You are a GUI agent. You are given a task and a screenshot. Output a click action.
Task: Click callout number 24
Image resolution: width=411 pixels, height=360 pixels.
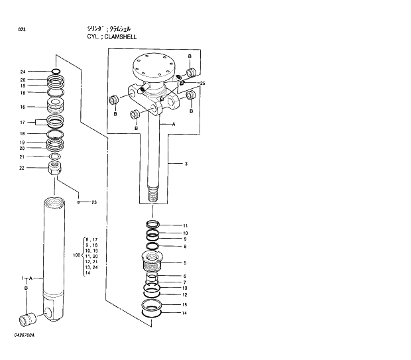(23, 72)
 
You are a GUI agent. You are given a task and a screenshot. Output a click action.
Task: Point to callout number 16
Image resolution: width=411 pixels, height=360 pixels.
(23, 107)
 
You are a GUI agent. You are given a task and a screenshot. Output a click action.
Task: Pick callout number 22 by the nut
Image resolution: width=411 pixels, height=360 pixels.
(23, 168)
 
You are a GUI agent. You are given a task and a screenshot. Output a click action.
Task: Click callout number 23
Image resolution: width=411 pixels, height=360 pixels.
(93, 202)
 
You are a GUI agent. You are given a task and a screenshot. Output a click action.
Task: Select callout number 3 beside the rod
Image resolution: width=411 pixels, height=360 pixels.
(186, 163)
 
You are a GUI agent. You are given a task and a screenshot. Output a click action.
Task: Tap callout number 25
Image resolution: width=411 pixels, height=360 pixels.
(202, 84)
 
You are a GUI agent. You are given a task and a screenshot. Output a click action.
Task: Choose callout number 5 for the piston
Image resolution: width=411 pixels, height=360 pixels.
(185, 263)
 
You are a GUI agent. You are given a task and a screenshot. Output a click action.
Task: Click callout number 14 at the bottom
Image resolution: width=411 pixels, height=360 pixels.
(185, 312)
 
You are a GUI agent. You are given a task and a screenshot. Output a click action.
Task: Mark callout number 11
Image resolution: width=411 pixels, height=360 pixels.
(186, 225)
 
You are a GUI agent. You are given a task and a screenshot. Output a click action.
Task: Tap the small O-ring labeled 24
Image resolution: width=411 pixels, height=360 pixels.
(56, 72)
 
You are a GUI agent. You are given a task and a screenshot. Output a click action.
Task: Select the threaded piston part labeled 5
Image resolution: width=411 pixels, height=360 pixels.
(153, 261)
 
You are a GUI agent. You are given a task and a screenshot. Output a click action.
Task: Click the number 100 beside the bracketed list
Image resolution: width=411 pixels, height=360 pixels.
(76, 255)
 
